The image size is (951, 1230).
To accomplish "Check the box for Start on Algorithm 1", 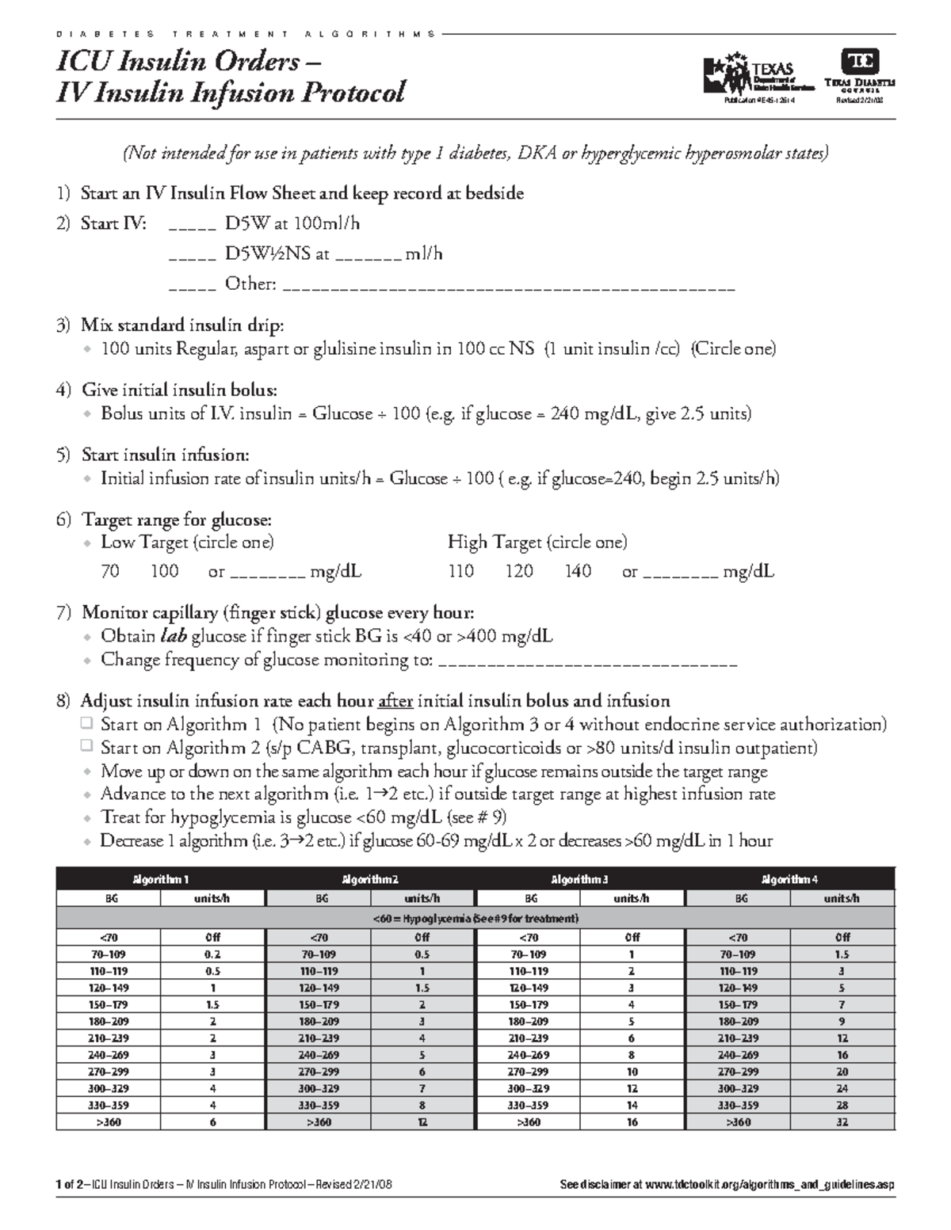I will coord(86,725).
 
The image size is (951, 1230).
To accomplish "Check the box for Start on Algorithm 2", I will coord(86,748).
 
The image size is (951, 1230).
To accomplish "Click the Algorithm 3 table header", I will coord(580,879).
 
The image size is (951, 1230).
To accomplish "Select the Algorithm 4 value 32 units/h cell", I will coord(842,1122).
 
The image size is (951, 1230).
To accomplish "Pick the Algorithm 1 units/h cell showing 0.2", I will coord(212,954).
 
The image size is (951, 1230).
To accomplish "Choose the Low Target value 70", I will coord(110,571).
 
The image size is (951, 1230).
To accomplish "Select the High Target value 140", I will coord(578,571).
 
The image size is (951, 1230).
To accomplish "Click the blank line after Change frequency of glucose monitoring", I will coord(587,661).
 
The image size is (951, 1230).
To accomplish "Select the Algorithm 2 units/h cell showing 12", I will coord(422,1122).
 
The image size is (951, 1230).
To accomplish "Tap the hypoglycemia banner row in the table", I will coord(475,919).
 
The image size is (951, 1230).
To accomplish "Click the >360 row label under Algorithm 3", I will coord(528,1122).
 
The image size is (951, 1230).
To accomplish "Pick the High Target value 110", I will coord(460,571).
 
